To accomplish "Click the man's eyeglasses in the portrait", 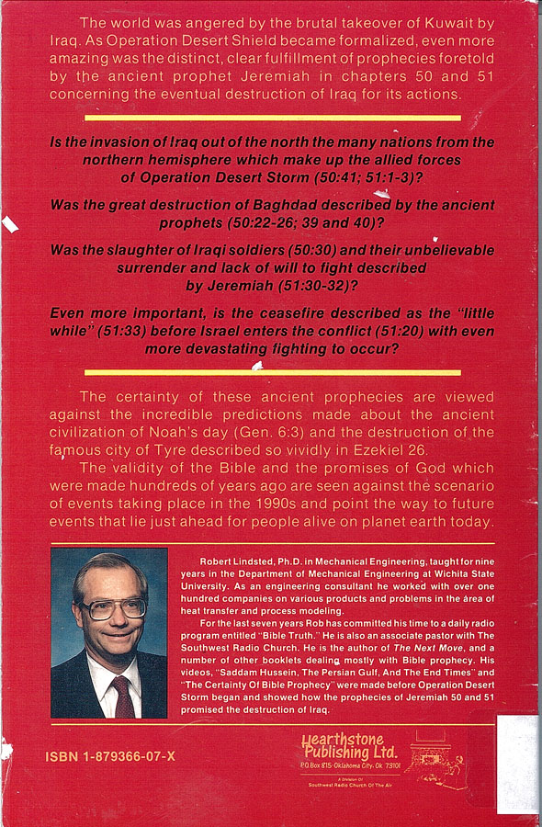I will click(112, 607).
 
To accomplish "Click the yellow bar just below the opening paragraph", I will click(273, 118).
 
